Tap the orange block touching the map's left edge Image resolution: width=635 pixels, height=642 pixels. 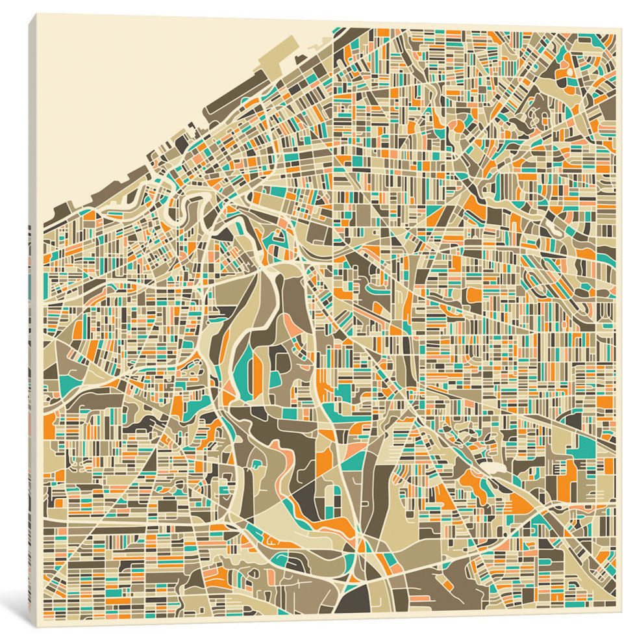pos(49,426)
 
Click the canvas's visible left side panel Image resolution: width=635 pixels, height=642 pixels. pos(32,325)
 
